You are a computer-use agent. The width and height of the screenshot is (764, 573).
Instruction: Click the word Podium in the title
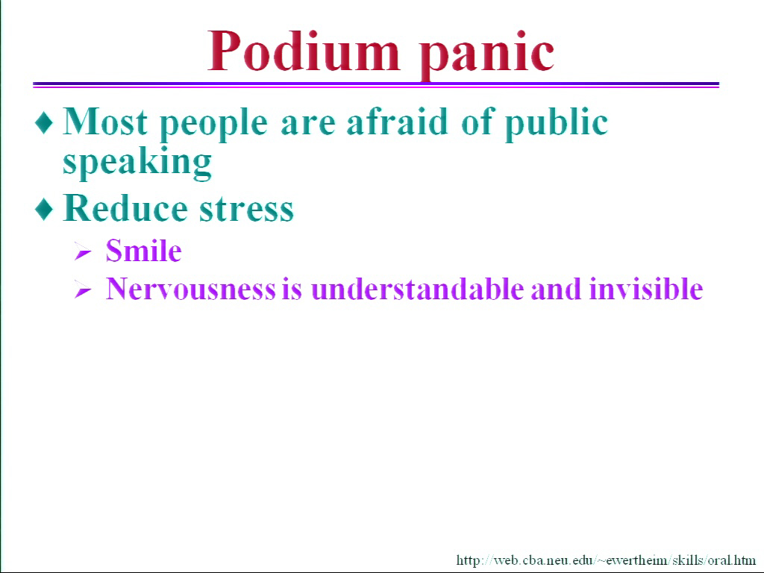coord(304,51)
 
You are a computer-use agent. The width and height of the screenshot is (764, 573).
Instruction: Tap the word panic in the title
coord(486,55)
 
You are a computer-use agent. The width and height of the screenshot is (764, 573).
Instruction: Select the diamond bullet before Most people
coord(44,122)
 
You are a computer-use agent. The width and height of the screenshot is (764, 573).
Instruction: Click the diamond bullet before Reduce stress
coord(44,209)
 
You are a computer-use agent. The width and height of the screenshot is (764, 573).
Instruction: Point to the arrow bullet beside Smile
coord(83,252)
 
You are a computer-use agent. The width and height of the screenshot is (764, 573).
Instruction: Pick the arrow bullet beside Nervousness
coord(83,290)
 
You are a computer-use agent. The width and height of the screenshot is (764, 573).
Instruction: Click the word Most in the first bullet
coord(105,121)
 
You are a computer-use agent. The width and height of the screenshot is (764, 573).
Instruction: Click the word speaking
coord(137,163)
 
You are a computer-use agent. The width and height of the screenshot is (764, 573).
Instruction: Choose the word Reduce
coord(125,208)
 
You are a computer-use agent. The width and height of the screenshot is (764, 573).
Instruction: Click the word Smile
coord(144,251)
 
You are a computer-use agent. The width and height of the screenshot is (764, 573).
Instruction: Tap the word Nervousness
coord(191,289)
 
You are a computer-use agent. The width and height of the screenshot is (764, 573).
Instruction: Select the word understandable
coord(418,289)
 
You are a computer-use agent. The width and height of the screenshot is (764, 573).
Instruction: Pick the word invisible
coord(646,289)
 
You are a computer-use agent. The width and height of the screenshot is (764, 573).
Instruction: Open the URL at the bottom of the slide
coord(606,560)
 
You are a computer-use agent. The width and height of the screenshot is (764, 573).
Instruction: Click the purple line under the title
coord(376,85)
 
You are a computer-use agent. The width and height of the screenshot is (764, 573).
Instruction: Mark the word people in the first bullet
coord(213,125)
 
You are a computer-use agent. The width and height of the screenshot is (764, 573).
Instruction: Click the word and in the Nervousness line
coord(556,289)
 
